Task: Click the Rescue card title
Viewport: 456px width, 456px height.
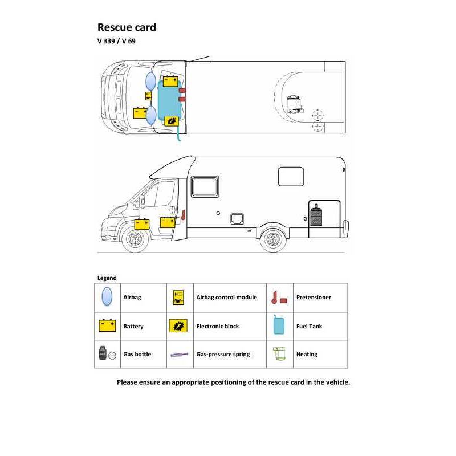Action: pyautogui.click(x=127, y=27)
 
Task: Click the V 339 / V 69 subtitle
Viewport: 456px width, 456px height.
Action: pyautogui.click(x=116, y=41)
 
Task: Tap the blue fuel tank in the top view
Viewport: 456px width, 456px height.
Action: pyautogui.click(x=169, y=100)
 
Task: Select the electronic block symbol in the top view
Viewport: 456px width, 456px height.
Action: pyautogui.click(x=172, y=121)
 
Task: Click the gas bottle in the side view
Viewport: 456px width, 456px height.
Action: pyautogui.click(x=316, y=215)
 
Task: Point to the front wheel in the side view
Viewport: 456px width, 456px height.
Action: pyautogui.click(x=135, y=239)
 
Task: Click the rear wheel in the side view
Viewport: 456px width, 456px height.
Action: pyautogui.click(x=273, y=239)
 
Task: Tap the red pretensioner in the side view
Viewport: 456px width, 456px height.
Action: pyautogui.click(x=183, y=215)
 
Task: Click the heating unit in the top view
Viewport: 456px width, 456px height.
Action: pyautogui.click(x=294, y=104)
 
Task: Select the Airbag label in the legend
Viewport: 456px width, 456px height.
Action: pyautogui.click(x=132, y=297)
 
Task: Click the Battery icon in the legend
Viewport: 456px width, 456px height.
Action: pyautogui.click(x=107, y=325)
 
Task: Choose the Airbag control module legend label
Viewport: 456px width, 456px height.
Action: pyautogui.click(x=226, y=297)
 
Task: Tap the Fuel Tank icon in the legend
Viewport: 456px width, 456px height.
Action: pyautogui.click(x=279, y=325)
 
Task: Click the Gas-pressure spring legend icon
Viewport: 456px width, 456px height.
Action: pyautogui.click(x=179, y=355)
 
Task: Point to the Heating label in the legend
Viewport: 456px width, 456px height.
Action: pyautogui.click(x=307, y=354)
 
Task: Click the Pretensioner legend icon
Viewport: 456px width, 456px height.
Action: pyautogui.click(x=279, y=298)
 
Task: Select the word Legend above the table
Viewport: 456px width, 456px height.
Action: pyautogui.click(x=107, y=278)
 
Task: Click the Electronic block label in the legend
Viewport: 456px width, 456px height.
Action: pyautogui.click(x=218, y=326)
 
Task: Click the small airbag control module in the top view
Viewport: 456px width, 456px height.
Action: pyautogui.click(x=148, y=96)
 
